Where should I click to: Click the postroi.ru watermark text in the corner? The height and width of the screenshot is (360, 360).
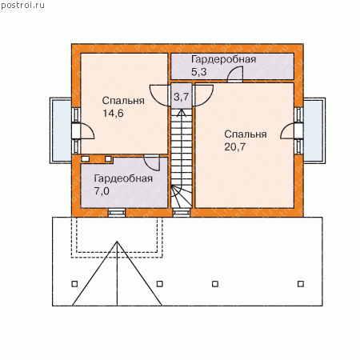pyautogui.click(x=23, y=6)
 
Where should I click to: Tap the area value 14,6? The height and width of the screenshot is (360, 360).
pyautogui.click(x=113, y=114)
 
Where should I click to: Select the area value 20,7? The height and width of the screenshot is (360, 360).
pyautogui.click(x=234, y=147)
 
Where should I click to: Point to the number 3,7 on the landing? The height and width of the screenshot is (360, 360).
pyautogui.click(x=182, y=97)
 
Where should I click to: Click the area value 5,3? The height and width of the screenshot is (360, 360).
pyautogui.click(x=199, y=72)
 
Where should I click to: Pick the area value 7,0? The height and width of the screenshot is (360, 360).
pyautogui.click(x=102, y=191)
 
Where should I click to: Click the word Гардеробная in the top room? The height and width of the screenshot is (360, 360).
pyautogui.click(x=224, y=60)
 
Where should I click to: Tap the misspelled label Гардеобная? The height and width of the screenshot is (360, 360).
pyautogui.click(x=123, y=178)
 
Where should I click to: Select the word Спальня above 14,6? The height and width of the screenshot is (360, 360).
pyautogui.click(x=123, y=101)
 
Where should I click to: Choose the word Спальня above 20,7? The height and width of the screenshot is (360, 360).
pyautogui.click(x=246, y=134)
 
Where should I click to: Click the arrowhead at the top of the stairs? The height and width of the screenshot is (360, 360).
pyautogui.click(x=182, y=113)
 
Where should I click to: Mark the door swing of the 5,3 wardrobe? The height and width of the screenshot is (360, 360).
pyautogui.click(x=235, y=73)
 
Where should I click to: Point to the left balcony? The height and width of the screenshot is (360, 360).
pyautogui.click(x=61, y=130)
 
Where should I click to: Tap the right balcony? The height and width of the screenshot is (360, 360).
pyautogui.click(x=314, y=130)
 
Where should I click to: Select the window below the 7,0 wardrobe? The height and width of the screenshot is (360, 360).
pyautogui.click(x=117, y=213)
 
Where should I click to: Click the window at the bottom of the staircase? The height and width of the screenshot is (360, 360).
pyautogui.click(x=182, y=213)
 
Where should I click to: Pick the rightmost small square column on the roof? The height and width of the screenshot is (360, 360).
pyautogui.click(x=301, y=284)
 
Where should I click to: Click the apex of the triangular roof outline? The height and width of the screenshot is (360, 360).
pyautogui.click(x=117, y=242)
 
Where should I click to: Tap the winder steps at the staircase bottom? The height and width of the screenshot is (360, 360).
pyautogui.click(x=182, y=196)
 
